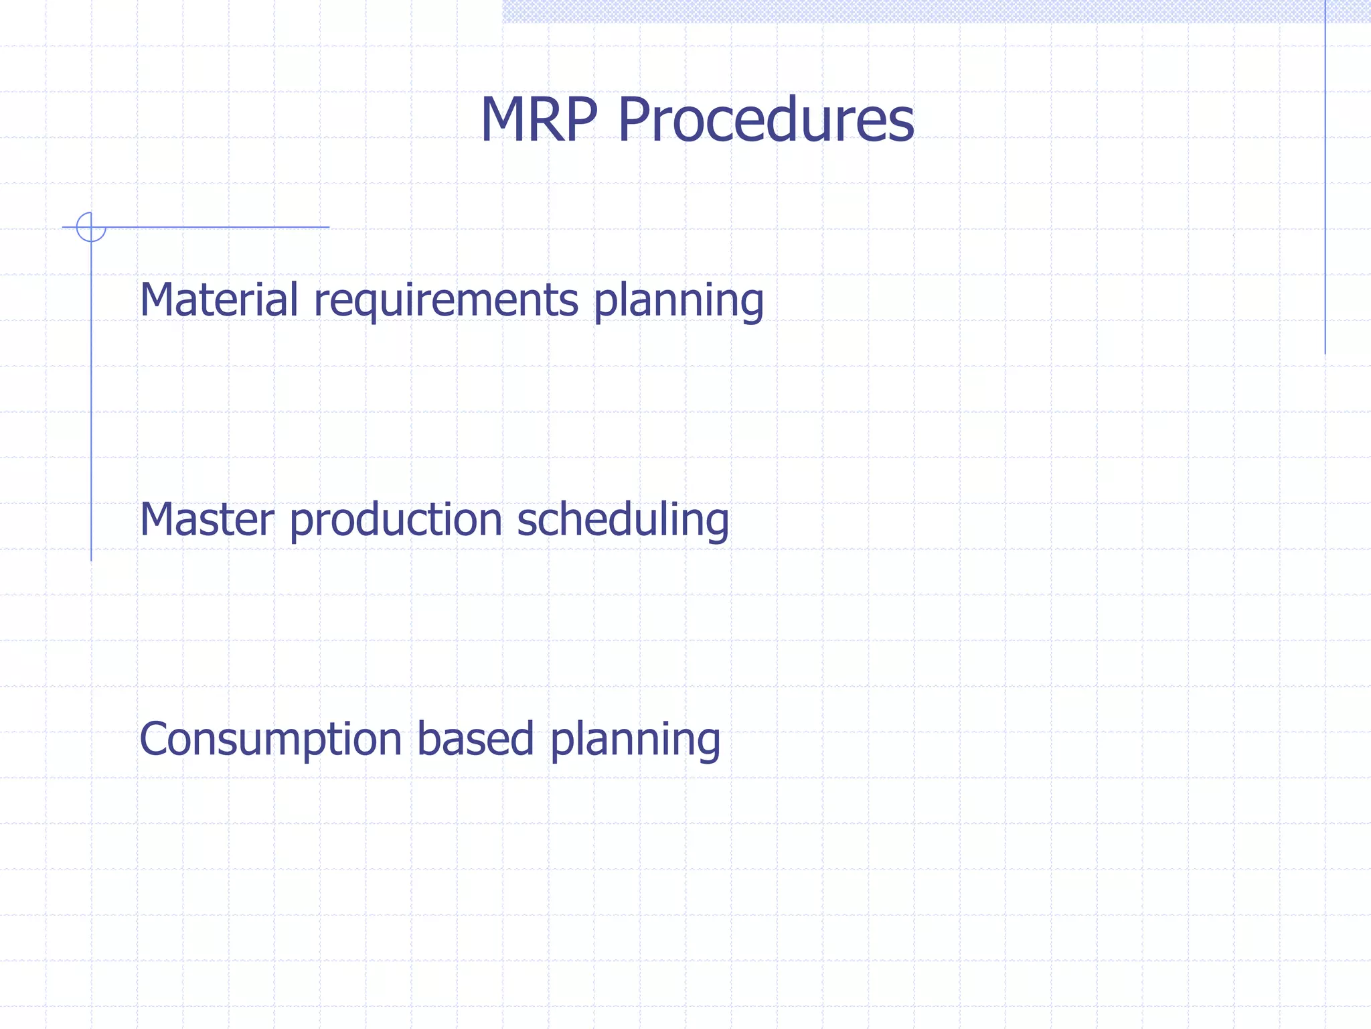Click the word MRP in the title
tap(538, 121)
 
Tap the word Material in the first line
tap(218, 299)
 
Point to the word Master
tap(207, 520)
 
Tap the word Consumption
tap(270, 740)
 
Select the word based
tap(475, 739)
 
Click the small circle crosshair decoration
tap(91, 227)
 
